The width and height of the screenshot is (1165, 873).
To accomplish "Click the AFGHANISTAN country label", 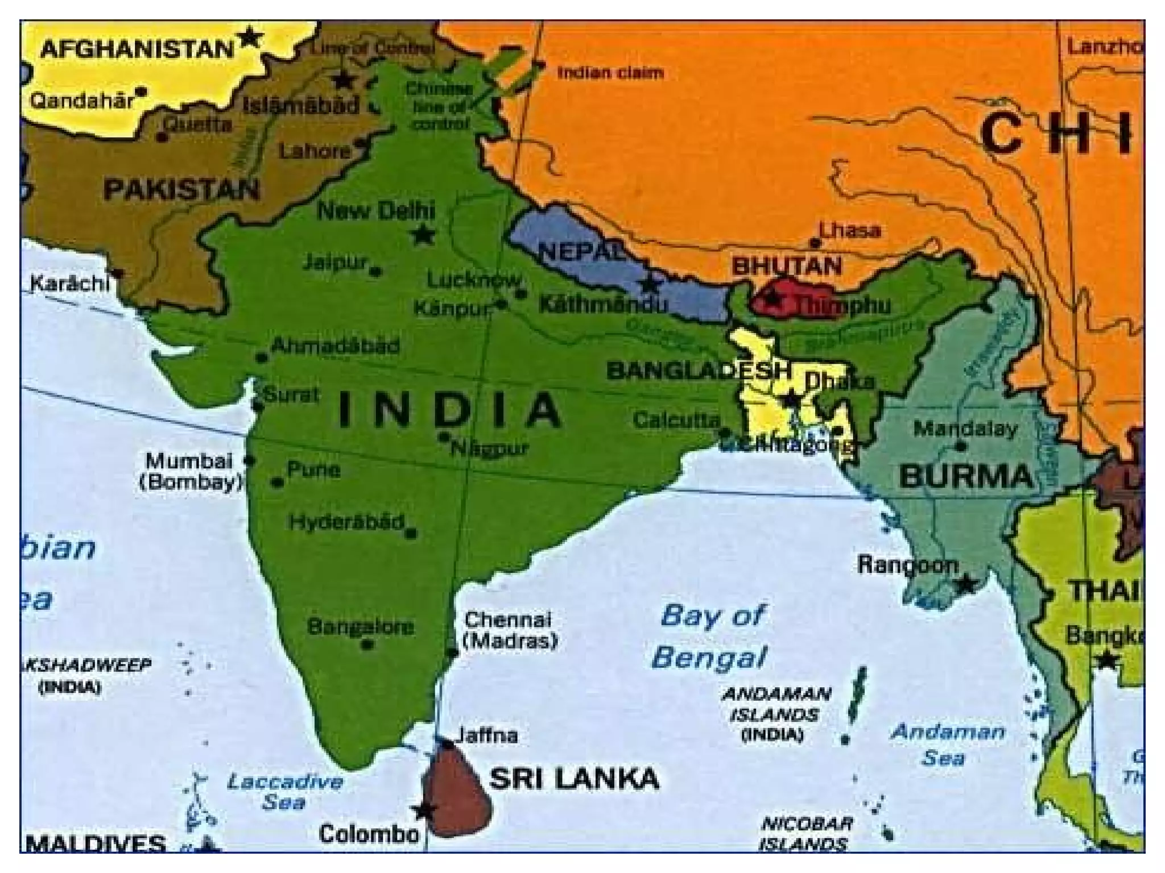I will tap(137, 49).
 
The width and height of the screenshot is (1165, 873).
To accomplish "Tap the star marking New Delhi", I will tap(423, 234).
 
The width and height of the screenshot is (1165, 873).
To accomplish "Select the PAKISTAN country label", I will tap(181, 189).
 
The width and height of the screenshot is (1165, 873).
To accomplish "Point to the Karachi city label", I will tap(69, 282).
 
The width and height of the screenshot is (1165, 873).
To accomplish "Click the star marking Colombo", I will tap(423, 810).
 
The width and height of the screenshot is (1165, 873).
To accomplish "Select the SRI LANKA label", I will tap(574, 779).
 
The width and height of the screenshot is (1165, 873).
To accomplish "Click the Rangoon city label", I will tap(907, 565).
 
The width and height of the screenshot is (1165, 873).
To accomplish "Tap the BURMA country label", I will tap(965, 476).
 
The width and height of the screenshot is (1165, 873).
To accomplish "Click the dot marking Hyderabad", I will tap(411, 533).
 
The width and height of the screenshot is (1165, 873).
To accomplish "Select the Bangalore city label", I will tap(361, 627).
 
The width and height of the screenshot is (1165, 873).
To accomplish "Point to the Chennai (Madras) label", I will tap(509, 630).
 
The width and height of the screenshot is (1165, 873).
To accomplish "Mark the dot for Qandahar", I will tap(142, 91).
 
